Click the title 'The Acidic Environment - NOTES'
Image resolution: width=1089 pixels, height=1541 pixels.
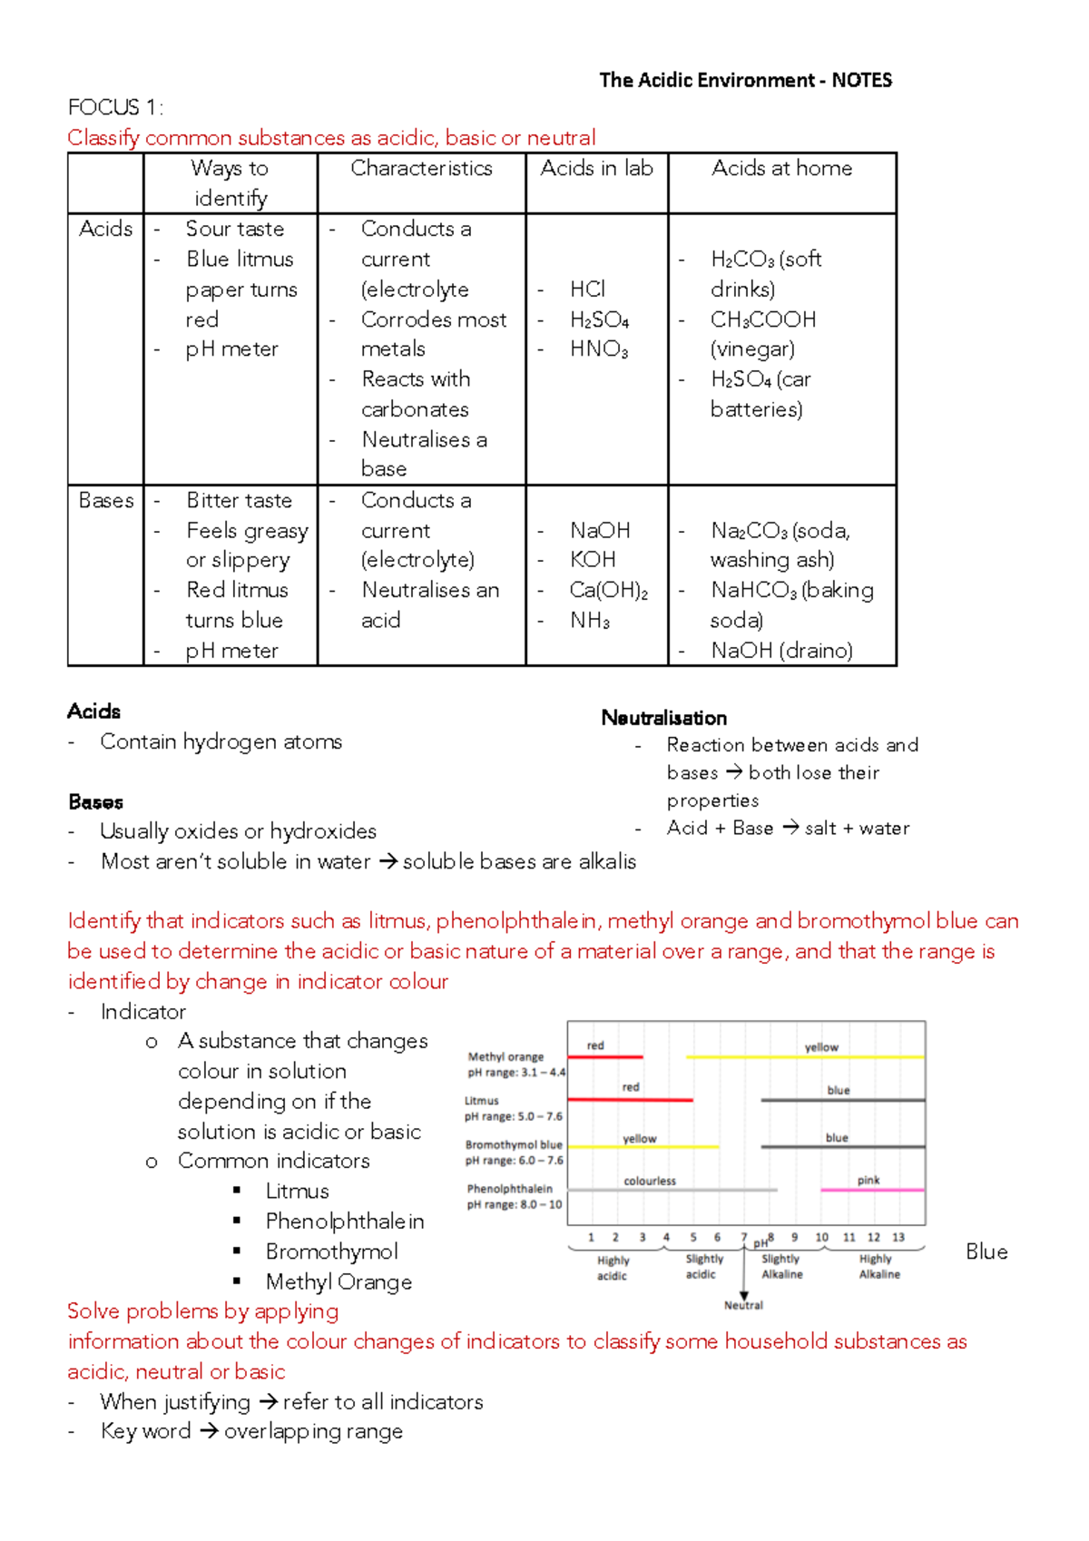point(745,81)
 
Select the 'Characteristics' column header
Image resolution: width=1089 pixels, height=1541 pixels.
point(421,169)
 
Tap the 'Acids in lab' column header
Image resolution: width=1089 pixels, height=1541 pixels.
point(596,169)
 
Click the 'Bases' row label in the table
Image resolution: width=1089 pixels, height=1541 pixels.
point(105,500)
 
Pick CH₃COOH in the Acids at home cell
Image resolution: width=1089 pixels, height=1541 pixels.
point(763,319)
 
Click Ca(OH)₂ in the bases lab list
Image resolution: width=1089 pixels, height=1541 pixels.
point(608,590)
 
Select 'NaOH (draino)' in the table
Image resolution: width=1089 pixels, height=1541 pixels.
point(781,651)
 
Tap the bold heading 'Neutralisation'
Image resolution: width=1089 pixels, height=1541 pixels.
point(663,718)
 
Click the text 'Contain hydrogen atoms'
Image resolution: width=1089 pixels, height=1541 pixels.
point(221,741)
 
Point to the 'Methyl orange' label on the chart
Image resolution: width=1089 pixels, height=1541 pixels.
point(505,1056)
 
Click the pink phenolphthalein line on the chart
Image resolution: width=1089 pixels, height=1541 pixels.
point(872,1189)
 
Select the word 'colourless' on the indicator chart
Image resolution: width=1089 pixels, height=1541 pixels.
point(650,1181)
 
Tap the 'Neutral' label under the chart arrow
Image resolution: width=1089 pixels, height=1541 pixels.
point(743,1305)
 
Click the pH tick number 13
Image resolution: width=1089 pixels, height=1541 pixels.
point(898,1237)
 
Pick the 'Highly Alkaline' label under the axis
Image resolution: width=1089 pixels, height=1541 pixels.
point(878,1266)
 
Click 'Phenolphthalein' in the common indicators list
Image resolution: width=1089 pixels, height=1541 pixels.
point(345,1222)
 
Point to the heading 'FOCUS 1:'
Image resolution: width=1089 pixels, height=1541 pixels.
point(115,108)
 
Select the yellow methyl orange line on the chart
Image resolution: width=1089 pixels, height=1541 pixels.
point(804,1057)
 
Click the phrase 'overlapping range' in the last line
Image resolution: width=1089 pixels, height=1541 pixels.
point(313,1431)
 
